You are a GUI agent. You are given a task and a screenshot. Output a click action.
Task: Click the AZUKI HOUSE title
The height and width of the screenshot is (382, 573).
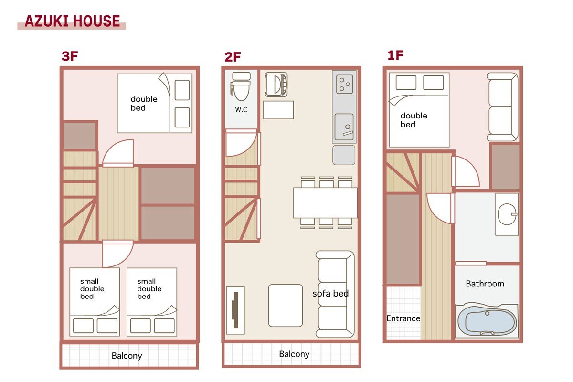(x=73, y=21)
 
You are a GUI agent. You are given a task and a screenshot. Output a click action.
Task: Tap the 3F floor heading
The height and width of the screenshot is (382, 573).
(x=70, y=56)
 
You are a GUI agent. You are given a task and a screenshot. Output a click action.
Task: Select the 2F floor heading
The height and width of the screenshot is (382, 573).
(x=233, y=57)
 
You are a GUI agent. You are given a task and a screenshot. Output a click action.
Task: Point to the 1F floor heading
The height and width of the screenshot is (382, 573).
(x=395, y=55)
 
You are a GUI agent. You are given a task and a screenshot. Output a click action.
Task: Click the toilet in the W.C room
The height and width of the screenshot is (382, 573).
(x=241, y=86)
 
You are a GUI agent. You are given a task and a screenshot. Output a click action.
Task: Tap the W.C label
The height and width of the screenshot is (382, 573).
(x=241, y=110)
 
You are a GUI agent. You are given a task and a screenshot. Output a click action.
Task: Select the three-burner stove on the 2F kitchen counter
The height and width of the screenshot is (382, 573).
(x=344, y=84)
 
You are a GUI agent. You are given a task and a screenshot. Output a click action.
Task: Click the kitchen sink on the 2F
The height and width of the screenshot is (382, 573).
(x=344, y=127)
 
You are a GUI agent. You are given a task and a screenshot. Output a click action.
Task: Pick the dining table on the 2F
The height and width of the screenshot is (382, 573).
(x=325, y=203)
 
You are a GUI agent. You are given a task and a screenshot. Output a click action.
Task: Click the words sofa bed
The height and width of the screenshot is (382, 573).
(x=330, y=294)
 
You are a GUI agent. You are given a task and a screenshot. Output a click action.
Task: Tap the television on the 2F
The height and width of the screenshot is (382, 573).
(x=235, y=310)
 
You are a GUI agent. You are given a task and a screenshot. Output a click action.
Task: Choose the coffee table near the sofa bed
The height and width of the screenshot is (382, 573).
(x=286, y=306)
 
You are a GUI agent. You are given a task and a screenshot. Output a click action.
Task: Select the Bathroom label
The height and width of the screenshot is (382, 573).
(x=485, y=284)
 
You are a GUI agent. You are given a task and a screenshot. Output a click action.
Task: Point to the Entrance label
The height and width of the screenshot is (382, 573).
(x=403, y=318)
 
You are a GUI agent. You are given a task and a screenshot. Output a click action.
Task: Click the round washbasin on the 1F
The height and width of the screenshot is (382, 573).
(x=507, y=214)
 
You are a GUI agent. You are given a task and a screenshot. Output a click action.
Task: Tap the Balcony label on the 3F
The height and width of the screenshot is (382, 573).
(x=127, y=356)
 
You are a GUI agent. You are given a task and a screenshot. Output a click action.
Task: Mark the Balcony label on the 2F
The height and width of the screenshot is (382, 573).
(x=294, y=354)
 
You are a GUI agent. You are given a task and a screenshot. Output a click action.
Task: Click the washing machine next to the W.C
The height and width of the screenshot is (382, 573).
(x=276, y=85)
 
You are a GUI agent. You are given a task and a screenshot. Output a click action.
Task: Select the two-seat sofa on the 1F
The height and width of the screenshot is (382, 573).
(x=502, y=106)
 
